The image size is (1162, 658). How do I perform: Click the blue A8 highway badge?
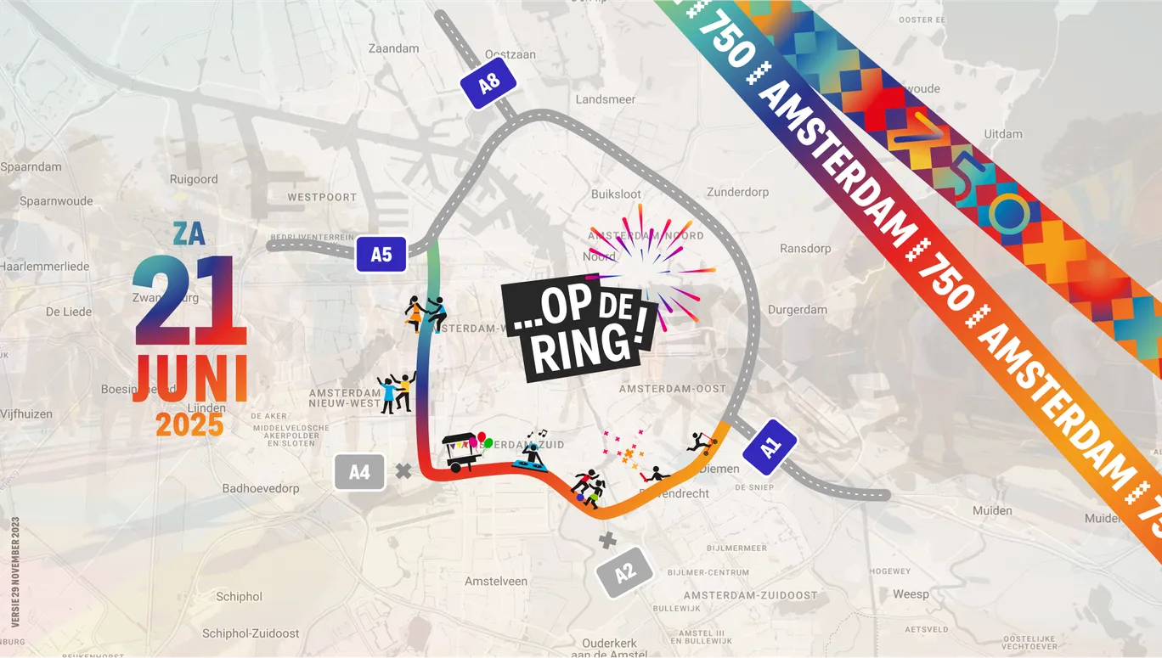point(489,83)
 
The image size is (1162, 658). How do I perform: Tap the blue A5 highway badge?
point(381,254)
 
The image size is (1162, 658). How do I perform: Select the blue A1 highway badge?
point(770,447)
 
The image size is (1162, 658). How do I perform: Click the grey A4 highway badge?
point(360,472)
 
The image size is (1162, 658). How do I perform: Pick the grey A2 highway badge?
point(625,573)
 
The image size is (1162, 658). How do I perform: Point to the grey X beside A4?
point(403,470)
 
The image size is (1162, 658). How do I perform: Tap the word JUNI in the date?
point(191,379)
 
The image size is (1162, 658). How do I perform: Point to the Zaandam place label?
point(393,48)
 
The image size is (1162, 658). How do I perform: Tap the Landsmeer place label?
point(605,99)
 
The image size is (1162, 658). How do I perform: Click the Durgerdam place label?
point(797,310)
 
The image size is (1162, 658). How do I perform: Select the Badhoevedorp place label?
point(261,488)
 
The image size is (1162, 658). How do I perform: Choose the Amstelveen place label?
point(496,582)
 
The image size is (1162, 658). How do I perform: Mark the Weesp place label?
point(911,594)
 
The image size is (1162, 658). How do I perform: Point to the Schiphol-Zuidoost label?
point(251,633)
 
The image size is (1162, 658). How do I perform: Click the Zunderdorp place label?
point(737,192)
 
